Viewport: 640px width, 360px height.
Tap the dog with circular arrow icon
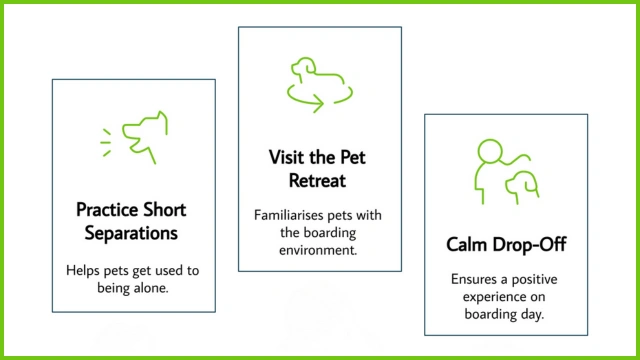(x=319, y=82)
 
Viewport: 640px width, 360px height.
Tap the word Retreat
(x=319, y=180)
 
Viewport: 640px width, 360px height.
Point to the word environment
(x=319, y=250)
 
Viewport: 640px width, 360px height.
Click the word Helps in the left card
(x=84, y=270)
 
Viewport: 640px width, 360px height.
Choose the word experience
(x=483, y=298)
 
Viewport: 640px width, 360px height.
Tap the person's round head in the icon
(x=488, y=151)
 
